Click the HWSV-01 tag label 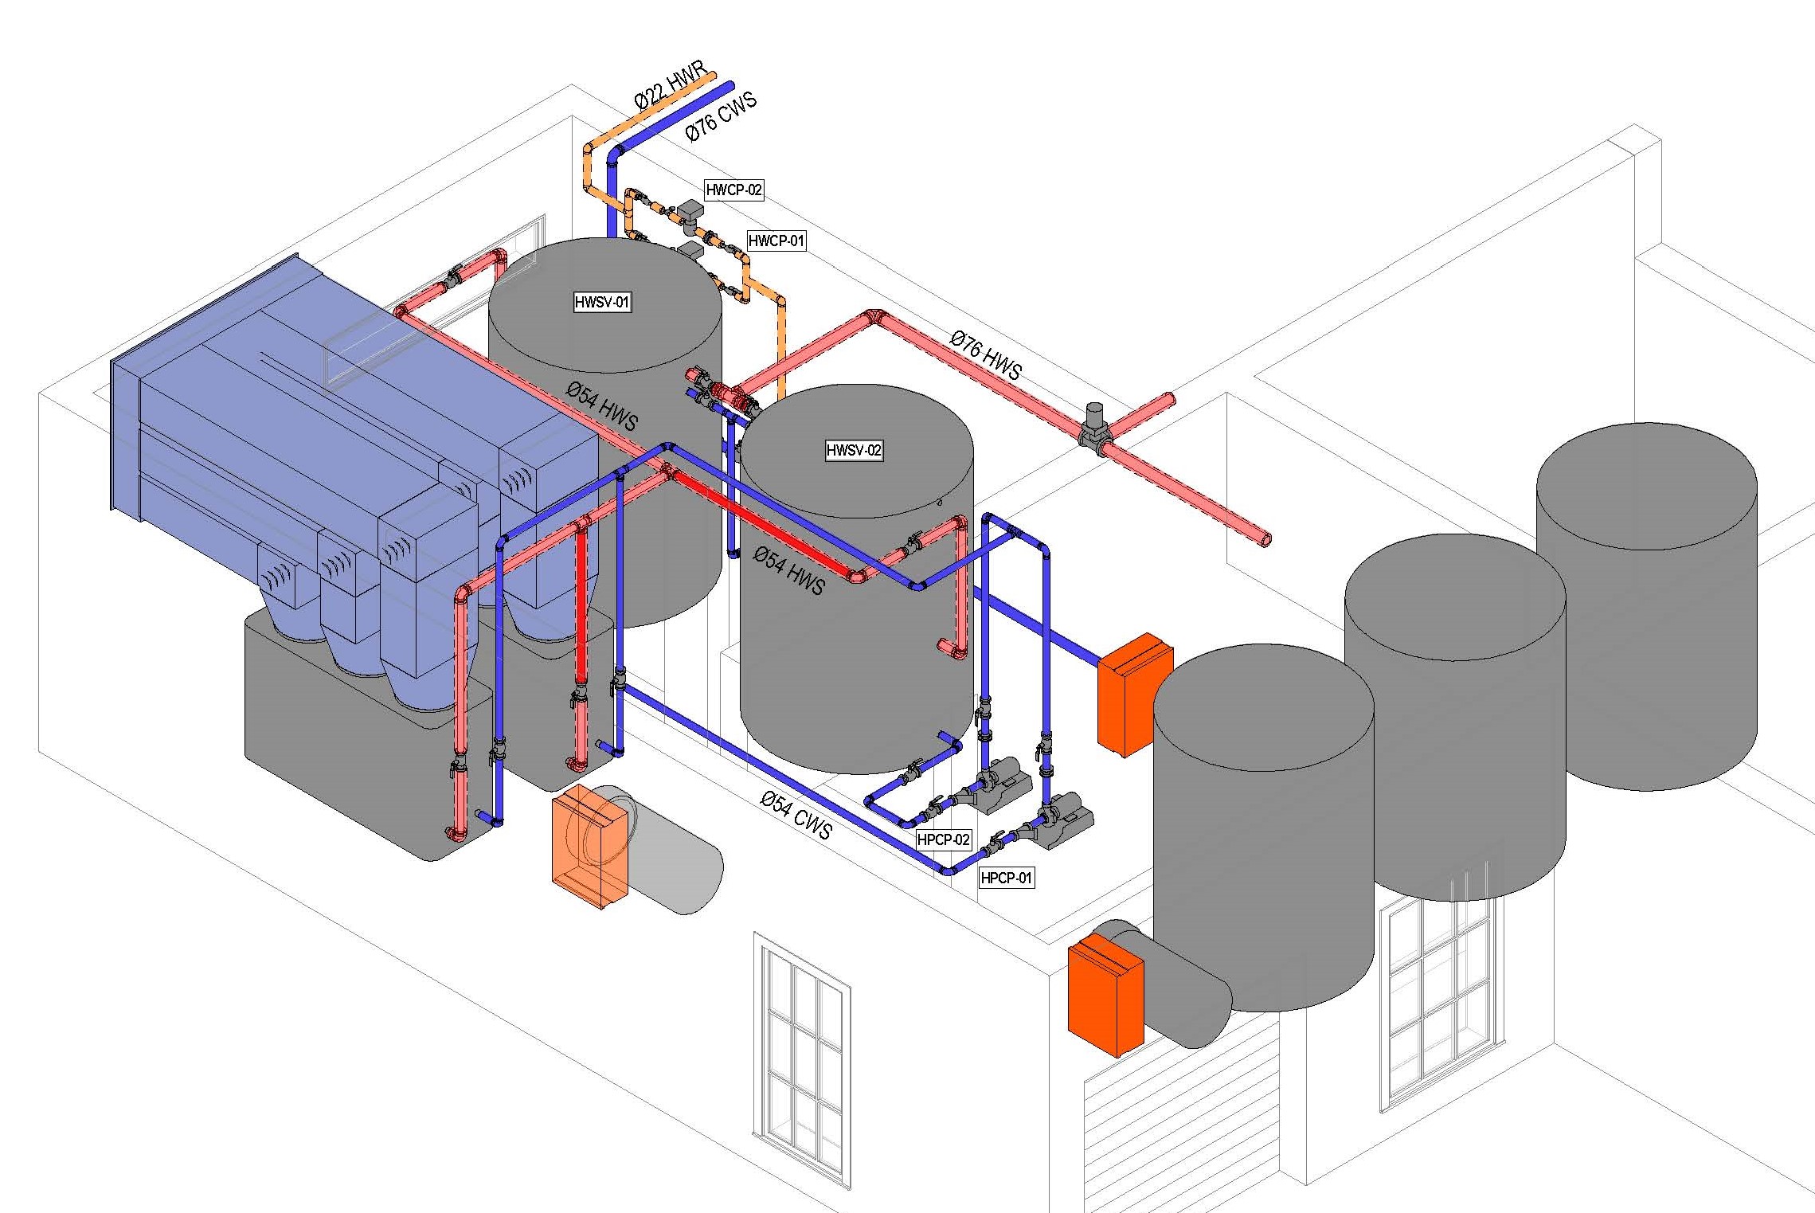pyautogui.click(x=602, y=302)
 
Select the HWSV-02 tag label pyautogui.click(x=854, y=450)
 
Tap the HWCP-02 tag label pyautogui.click(x=733, y=190)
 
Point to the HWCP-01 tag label pyautogui.click(x=776, y=241)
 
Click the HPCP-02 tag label pyautogui.click(x=943, y=839)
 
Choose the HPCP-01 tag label pyautogui.click(x=1006, y=878)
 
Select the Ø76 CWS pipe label pyautogui.click(x=720, y=117)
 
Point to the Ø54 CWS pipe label pyautogui.click(x=796, y=816)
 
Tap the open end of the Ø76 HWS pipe pyautogui.click(x=1265, y=540)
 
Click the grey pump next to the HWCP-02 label pyautogui.click(x=690, y=213)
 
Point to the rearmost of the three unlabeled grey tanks pyautogui.click(x=1646, y=605)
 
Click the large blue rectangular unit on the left pyautogui.click(x=319, y=414)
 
